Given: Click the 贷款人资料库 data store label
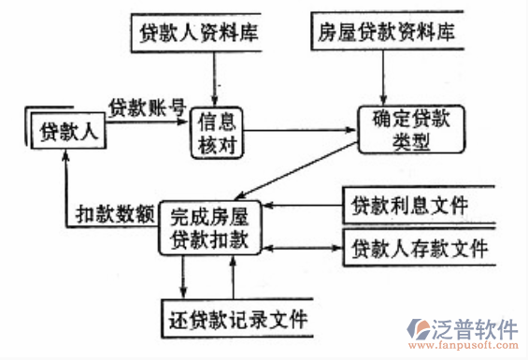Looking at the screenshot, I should point(197,34).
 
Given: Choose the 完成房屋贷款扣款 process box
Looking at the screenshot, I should point(210,226).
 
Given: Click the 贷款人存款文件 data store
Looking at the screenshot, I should point(419,251).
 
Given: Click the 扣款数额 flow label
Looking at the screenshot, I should point(115,215).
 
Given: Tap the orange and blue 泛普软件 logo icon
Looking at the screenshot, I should point(418,331).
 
